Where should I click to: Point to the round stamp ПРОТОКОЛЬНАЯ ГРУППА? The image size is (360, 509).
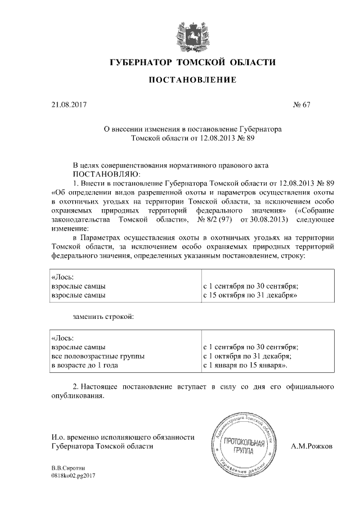[245, 445]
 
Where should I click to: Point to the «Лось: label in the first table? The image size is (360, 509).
[62, 276]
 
